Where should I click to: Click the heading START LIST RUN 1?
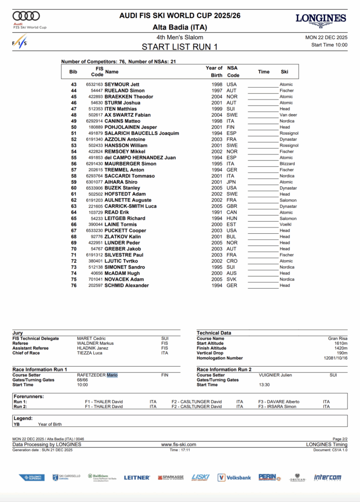180,47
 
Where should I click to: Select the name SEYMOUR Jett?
122,84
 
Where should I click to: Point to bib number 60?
74,188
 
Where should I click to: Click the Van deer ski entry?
288,115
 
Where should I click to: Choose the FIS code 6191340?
94,139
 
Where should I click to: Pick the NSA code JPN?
231,182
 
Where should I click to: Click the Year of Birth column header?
214,72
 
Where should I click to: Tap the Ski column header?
284,72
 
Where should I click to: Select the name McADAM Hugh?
122,273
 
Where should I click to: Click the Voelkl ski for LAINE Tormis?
286,225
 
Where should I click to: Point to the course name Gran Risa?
337,339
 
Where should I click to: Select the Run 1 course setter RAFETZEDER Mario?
97,375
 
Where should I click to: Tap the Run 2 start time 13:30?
265,385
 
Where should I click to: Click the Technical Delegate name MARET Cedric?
91,339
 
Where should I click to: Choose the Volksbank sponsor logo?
234,477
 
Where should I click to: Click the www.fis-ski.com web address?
179,445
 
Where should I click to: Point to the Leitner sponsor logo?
137,477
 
